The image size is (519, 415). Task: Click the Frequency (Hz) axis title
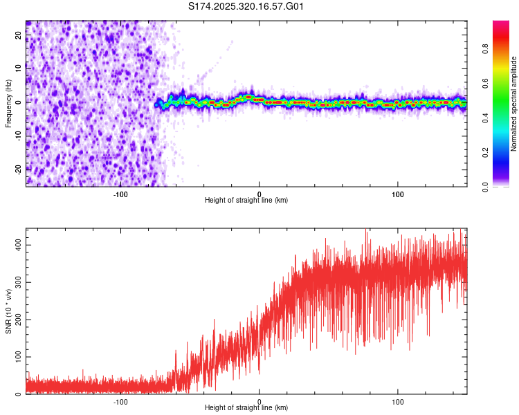tap(9, 103)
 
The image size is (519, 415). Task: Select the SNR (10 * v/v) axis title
tap(9, 311)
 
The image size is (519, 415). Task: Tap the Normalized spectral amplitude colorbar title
tap(514, 104)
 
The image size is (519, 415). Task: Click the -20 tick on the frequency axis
tap(19, 169)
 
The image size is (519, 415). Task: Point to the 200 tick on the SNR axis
tap(19, 320)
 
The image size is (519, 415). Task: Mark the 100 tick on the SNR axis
tap(19, 357)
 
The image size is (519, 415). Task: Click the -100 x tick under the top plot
tap(120, 194)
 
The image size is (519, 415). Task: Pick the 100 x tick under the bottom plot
tap(398, 401)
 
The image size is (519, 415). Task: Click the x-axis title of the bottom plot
tap(246, 409)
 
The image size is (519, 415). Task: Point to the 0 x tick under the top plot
tap(259, 194)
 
